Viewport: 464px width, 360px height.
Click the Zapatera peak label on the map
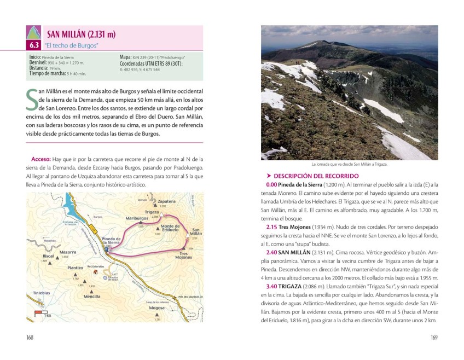tap(167, 201)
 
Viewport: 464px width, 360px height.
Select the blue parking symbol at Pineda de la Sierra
tap(107, 249)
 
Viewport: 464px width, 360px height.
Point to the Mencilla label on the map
tap(92, 296)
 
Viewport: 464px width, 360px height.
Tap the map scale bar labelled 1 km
tap(43, 314)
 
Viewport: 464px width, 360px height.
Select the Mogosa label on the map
tap(157, 308)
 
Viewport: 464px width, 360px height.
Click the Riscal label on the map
tap(48, 256)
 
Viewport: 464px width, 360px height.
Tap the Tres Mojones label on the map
tap(184, 255)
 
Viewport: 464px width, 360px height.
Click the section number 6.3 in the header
tap(34, 45)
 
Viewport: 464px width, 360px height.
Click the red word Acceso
tap(41, 159)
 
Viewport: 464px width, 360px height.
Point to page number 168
tap(30, 338)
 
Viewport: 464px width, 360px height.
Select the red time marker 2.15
tap(271, 227)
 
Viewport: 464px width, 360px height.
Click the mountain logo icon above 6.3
tap(34, 33)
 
